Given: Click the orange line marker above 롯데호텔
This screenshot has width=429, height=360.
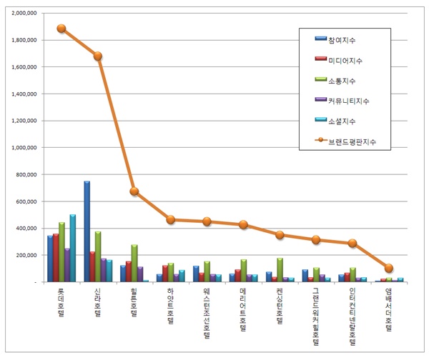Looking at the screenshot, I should click(x=61, y=29).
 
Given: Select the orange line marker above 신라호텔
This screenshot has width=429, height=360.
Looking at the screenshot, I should click(x=98, y=56).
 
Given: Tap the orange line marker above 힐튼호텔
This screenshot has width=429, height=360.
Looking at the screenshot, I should click(x=134, y=191).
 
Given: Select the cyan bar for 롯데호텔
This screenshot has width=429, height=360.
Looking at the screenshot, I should click(x=72, y=248).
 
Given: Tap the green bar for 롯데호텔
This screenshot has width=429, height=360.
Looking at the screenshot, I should click(x=61, y=252).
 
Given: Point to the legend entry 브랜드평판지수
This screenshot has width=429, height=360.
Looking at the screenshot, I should click(x=350, y=141).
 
